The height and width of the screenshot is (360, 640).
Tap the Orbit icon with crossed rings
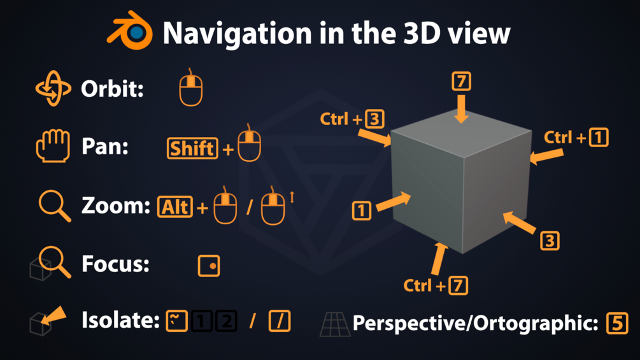coord(53,89)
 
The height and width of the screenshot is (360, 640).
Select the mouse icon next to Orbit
coord(190,89)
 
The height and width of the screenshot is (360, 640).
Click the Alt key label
coord(175,206)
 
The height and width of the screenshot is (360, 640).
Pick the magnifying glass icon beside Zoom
coord(55,206)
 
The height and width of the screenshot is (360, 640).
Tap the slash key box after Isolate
coord(280,321)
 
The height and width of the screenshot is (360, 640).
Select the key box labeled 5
coord(616,323)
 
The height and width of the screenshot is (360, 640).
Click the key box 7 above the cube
coord(461,82)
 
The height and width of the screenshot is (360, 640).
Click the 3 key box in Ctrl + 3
coord(374,119)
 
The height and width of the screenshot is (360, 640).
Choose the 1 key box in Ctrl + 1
coord(599,137)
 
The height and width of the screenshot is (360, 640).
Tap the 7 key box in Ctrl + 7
coord(458,286)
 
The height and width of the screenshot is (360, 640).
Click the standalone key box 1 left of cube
coord(361,210)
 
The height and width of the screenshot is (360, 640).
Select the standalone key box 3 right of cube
coord(550,241)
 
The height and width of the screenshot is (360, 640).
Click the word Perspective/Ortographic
coord(475,324)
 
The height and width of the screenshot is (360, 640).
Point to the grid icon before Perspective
coord(335,324)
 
